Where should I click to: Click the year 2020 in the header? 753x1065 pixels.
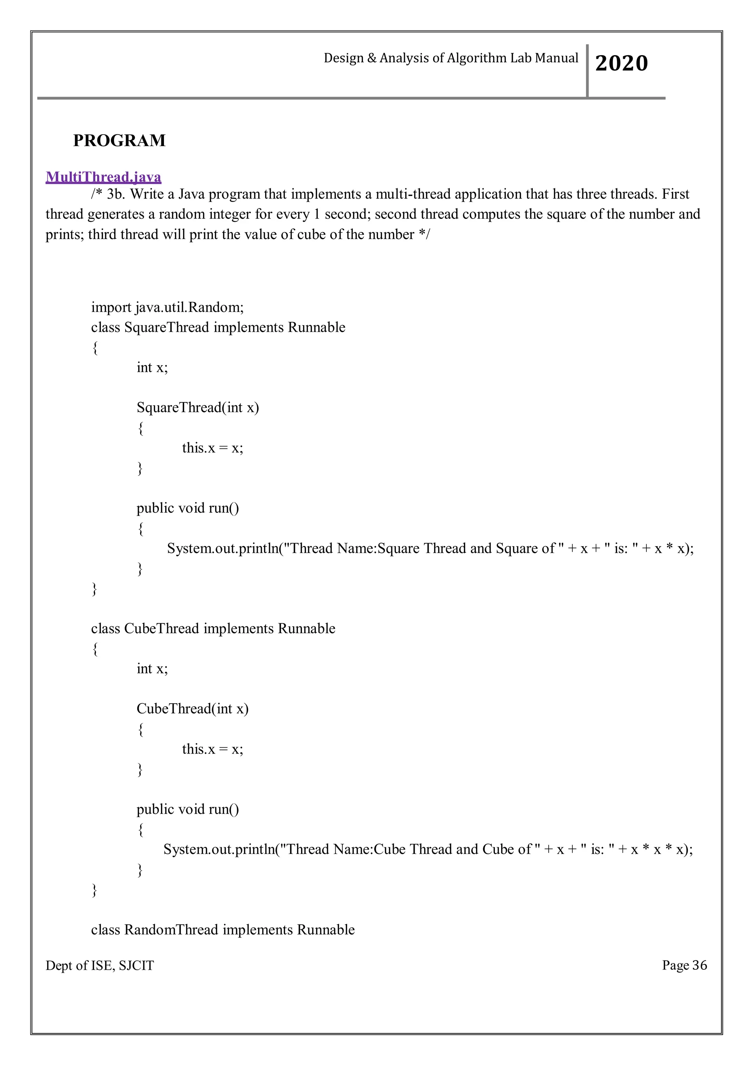[x=621, y=63]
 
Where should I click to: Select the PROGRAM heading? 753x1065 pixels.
[x=119, y=140]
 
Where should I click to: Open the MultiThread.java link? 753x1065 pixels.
[x=103, y=177]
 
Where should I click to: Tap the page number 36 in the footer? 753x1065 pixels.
[x=699, y=965]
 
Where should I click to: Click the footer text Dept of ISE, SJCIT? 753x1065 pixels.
[x=100, y=966]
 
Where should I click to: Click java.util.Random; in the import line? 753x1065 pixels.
[x=190, y=307]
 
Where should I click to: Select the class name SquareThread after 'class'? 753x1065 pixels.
[x=167, y=327]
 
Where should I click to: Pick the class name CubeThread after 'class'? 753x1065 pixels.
[x=162, y=628]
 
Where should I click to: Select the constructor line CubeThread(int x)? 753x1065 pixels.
[x=192, y=709]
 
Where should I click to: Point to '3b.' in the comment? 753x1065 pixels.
[x=116, y=194]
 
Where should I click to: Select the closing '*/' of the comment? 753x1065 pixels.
[x=424, y=235]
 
